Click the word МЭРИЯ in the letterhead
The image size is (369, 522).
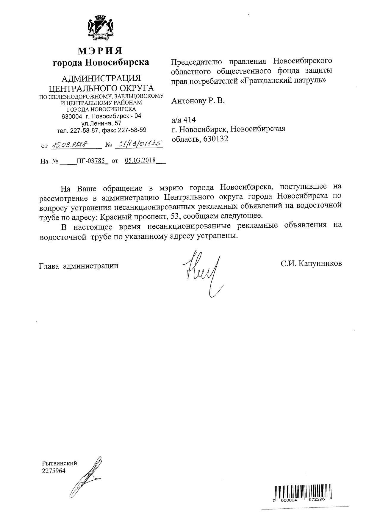click(100, 51)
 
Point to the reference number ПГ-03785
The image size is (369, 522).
click(90, 161)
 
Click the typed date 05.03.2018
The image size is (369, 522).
click(140, 160)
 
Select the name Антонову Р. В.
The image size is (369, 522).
click(198, 101)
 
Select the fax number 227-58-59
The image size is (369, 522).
click(132, 130)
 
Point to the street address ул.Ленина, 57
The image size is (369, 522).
click(101, 123)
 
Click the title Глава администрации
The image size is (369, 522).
click(79, 265)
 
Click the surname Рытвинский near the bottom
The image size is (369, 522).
click(60, 463)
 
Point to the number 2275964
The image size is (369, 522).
click(54, 471)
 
